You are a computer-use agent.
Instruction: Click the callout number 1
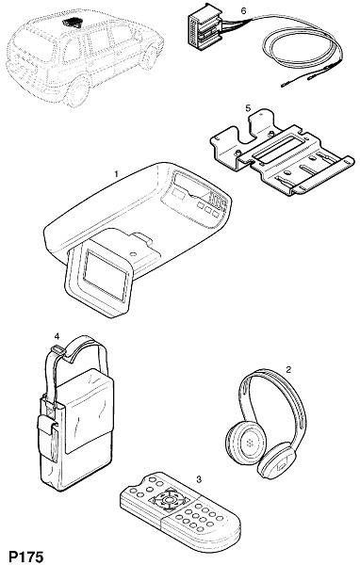tap(116, 174)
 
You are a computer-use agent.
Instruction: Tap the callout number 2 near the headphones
tap(288, 369)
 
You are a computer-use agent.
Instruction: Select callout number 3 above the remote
tap(199, 479)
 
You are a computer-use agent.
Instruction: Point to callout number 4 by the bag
tap(57, 336)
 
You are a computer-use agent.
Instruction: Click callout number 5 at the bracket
tap(248, 107)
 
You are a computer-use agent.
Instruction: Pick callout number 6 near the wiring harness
tap(243, 10)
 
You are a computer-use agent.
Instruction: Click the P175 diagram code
tap(26, 557)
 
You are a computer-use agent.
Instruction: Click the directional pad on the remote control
tap(168, 500)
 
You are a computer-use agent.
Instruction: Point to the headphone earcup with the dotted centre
tap(246, 441)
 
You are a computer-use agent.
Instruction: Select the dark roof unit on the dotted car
tap(74, 22)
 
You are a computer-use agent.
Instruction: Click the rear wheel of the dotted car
tap(77, 92)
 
